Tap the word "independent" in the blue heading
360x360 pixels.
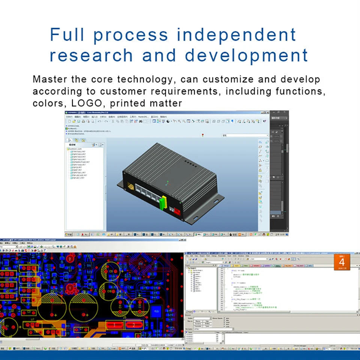coord(237,35)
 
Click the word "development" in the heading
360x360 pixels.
coord(246,55)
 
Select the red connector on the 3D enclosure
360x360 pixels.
coord(177,212)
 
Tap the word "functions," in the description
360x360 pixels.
coord(300,91)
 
